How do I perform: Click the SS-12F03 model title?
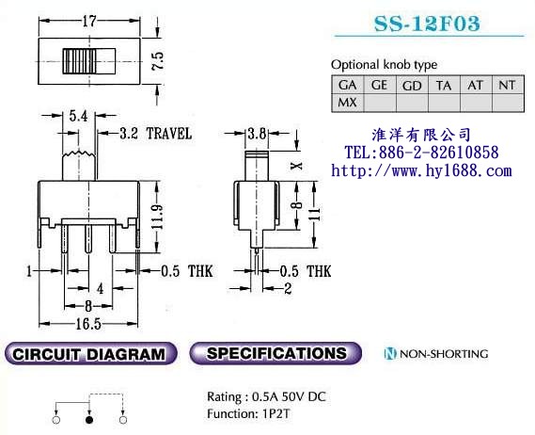pyautogui.click(x=427, y=24)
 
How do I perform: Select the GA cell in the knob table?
pyautogui.click(x=347, y=85)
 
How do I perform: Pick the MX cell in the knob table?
pyautogui.click(x=347, y=103)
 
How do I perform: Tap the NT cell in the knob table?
pyautogui.click(x=508, y=85)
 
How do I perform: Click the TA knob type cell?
pyautogui.click(x=444, y=85)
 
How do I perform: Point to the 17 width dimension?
pyautogui.click(x=89, y=22)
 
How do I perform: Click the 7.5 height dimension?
pyautogui.click(x=158, y=61)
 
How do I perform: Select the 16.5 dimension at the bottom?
pyautogui.click(x=88, y=324)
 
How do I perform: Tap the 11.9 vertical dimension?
pyautogui.click(x=158, y=217)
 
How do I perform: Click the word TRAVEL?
pyautogui.click(x=169, y=134)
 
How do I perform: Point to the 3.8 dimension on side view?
pyautogui.click(x=257, y=134)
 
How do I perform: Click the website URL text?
pyautogui.click(x=422, y=170)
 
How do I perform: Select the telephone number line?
pyautogui.click(x=422, y=153)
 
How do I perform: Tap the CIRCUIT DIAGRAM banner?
pyautogui.click(x=91, y=353)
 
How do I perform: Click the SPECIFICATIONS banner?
pyautogui.click(x=275, y=353)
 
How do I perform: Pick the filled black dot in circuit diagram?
pyautogui.click(x=89, y=420)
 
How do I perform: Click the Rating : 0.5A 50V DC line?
pyautogui.click(x=266, y=396)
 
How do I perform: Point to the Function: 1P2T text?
pyautogui.click(x=248, y=413)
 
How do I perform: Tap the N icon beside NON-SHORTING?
pyautogui.click(x=390, y=354)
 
